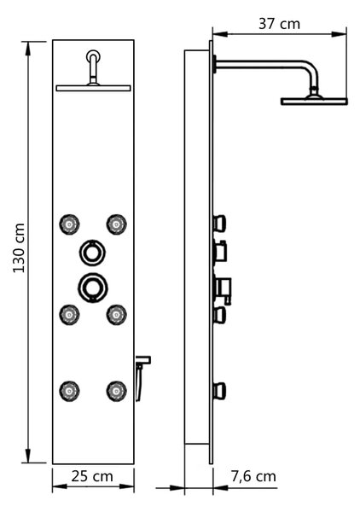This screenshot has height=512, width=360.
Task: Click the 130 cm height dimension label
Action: tap(19, 247)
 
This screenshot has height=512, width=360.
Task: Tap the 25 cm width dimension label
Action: tap(92, 476)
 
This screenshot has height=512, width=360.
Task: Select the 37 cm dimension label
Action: tap(279, 24)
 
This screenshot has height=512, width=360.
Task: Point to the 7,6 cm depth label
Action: tap(253, 476)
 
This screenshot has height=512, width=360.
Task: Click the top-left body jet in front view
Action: tap(69, 224)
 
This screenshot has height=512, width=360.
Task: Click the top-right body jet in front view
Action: tap(117, 224)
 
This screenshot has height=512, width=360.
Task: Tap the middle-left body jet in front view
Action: tap(69, 314)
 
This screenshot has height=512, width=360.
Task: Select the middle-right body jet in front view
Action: tap(117, 314)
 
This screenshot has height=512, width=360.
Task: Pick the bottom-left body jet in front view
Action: tap(69, 391)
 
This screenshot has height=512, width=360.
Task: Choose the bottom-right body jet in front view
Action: tap(117, 391)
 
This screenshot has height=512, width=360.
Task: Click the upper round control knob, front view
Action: tap(93, 253)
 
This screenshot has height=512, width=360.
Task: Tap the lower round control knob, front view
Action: tap(93, 288)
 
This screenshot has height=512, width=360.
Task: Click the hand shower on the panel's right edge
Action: tap(142, 378)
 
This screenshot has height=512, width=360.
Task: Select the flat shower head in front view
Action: tap(93, 88)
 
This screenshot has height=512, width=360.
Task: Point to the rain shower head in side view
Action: tap(314, 102)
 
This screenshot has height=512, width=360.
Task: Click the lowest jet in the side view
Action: tap(219, 391)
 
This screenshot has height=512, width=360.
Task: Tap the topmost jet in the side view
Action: tap(219, 224)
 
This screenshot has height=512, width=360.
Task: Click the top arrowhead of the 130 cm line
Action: tap(28, 49)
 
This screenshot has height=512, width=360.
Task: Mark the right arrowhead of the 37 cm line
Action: tap(339, 34)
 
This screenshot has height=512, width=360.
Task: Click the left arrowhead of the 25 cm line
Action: tap(60, 486)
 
